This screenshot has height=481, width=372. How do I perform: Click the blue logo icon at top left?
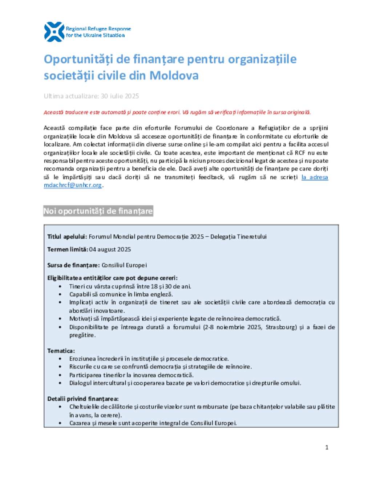pyautogui.click(x=54, y=32)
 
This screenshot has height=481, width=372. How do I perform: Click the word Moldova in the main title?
pyautogui.click(x=174, y=76)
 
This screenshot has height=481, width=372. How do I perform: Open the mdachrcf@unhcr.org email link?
pyautogui.click(x=73, y=185)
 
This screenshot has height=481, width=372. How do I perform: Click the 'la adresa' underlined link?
pyautogui.click(x=315, y=177)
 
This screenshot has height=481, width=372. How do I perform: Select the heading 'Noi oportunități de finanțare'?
pyautogui.click(x=98, y=211)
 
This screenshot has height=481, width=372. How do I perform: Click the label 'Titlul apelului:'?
pyautogui.click(x=67, y=237)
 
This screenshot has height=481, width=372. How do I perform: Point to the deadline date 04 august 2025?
pyautogui.click(x=110, y=249)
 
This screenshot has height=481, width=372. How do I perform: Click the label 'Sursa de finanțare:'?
pyautogui.click(x=73, y=265)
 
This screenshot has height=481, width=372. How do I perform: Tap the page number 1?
pyautogui.click(x=327, y=447)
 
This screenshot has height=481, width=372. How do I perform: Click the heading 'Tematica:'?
pyautogui.click(x=61, y=351)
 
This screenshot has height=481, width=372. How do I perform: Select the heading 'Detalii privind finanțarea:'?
pyautogui.click(x=83, y=399)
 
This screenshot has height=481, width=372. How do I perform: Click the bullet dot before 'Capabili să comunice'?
pyautogui.click(x=60, y=294)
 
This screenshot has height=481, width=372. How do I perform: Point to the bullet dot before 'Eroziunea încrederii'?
pyautogui.click(x=60, y=359)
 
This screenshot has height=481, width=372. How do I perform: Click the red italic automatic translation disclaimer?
pyautogui.click(x=177, y=113)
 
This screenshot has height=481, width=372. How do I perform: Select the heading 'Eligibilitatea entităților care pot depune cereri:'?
pyautogui.click(x=112, y=278)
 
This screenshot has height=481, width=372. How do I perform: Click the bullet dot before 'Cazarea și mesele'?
pyautogui.click(x=60, y=423)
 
